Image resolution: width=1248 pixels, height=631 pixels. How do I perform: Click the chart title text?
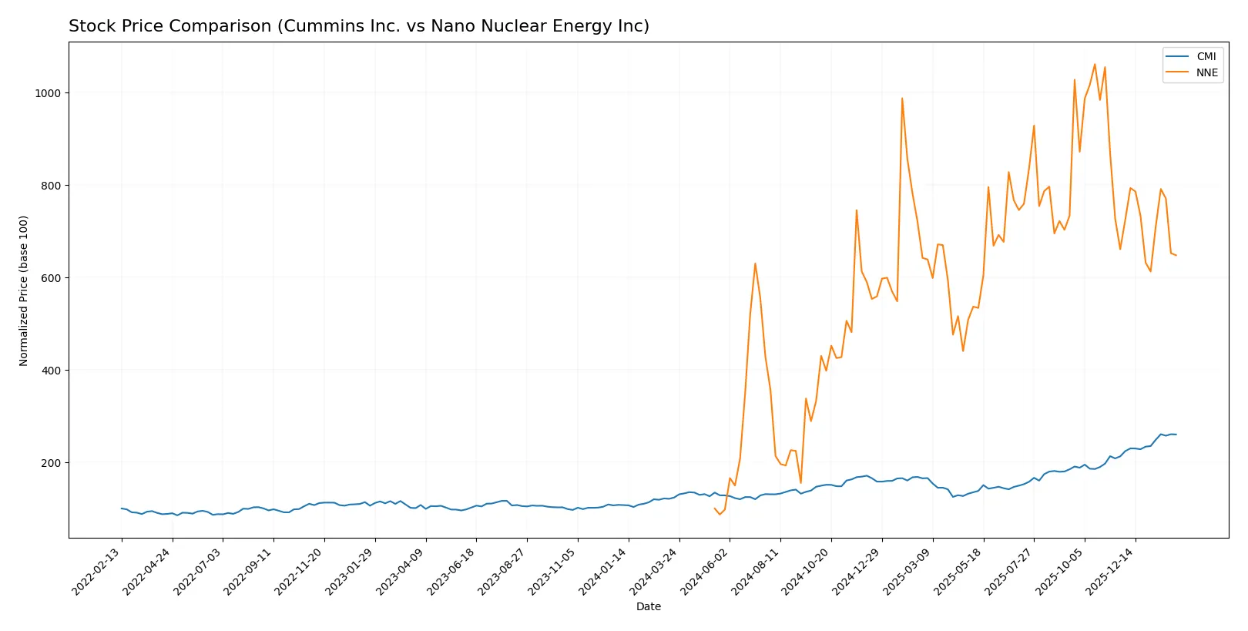358,26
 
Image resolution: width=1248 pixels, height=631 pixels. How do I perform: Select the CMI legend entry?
1206,57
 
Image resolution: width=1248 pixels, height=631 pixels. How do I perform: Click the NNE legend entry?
1206,73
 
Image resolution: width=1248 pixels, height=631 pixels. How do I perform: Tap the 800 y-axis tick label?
52,186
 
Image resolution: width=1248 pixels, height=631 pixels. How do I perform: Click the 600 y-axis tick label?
52,278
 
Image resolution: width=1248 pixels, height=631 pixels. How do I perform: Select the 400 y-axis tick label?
52,371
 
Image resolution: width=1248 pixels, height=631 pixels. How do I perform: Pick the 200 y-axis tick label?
52,463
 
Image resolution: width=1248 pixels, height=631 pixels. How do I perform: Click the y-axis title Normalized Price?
24,290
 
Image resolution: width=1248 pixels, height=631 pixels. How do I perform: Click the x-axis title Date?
648,606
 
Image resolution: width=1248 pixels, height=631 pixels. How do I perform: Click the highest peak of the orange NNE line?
1095,64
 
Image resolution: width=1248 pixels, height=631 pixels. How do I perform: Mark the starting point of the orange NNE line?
715,508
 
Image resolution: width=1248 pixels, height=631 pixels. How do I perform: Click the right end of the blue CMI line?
1176,435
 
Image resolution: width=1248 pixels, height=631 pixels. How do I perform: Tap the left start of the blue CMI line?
121,508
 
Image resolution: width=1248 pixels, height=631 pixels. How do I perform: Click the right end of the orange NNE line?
1176,255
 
